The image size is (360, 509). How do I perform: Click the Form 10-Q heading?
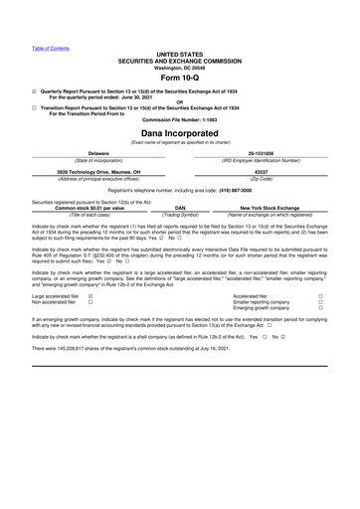[x=179, y=80]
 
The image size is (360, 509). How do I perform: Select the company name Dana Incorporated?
[x=179, y=132]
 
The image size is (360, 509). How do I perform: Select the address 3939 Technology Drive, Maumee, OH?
[x=98, y=171]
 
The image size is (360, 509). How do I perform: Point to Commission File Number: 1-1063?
[x=179, y=119]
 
